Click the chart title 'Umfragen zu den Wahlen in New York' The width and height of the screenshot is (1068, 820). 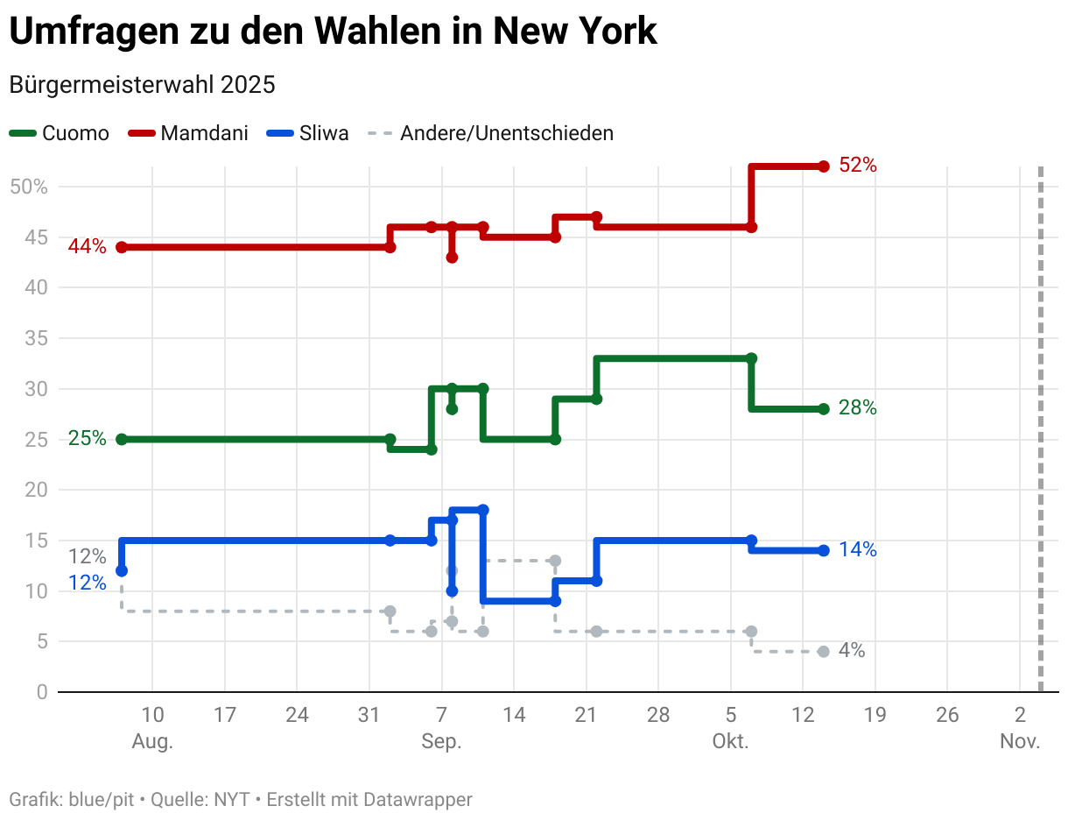point(333,32)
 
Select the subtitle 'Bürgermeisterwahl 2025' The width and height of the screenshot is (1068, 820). point(142,85)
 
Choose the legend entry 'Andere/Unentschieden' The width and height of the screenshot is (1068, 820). point(491,133)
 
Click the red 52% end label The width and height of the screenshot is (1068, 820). point(857,165)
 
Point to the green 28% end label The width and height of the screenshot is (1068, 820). point(857,407)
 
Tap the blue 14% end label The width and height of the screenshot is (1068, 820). point(857,549)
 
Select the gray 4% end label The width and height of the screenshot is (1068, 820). point(851,650)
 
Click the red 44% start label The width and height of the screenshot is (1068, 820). point(87,246)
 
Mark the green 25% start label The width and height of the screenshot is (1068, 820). point(87,438)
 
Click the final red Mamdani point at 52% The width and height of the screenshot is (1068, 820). point(823,166)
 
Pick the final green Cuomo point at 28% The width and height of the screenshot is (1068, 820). point(823,409)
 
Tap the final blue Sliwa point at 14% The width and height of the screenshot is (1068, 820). point(823,550)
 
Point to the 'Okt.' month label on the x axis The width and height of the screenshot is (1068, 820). point(730,741)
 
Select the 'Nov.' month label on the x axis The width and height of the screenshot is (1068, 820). point(1020,741)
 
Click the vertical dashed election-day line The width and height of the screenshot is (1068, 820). point(1040,438)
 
